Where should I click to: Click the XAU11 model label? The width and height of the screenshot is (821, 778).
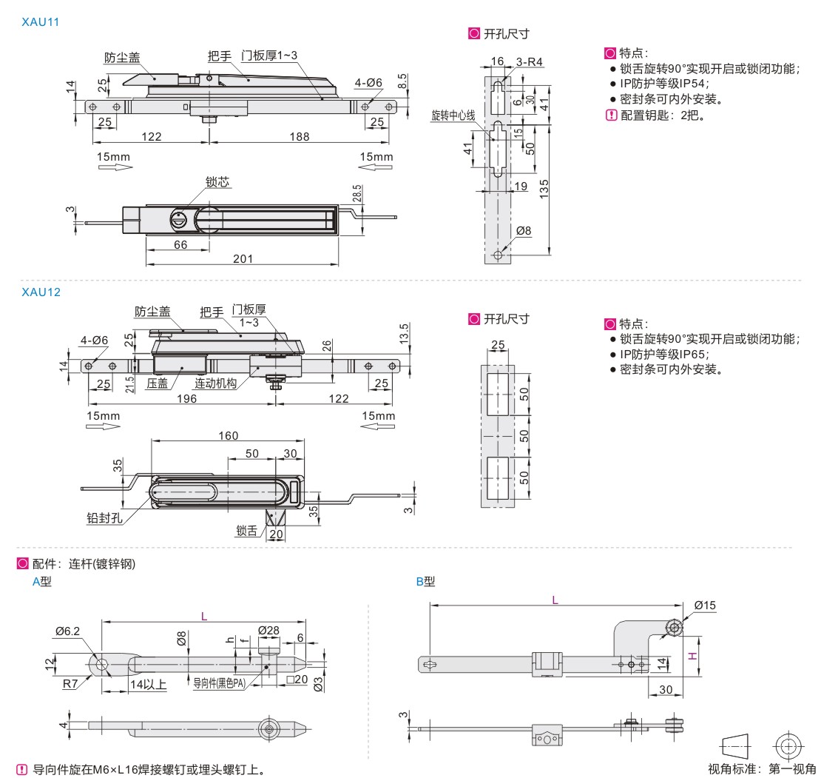coord(41,22)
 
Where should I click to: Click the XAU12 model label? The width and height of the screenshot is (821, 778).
coord(41,292)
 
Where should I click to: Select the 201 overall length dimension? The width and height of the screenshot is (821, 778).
coord(242,258)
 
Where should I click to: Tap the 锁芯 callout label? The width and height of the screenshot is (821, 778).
coord(217,181)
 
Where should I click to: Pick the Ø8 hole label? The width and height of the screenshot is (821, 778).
coord(523,230)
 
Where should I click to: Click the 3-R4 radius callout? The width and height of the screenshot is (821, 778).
coord(530,63)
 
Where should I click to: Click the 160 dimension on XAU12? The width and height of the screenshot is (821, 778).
coord(228,435)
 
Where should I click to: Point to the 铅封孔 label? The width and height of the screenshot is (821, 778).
coord(104,517)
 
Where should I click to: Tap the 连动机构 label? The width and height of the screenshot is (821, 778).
coord(215,383)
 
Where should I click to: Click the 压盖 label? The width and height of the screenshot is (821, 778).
coord(157,383)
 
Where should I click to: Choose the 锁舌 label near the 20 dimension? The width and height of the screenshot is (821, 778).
coord(246,530)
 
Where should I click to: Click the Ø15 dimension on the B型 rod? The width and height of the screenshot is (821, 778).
coord(705,606)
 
